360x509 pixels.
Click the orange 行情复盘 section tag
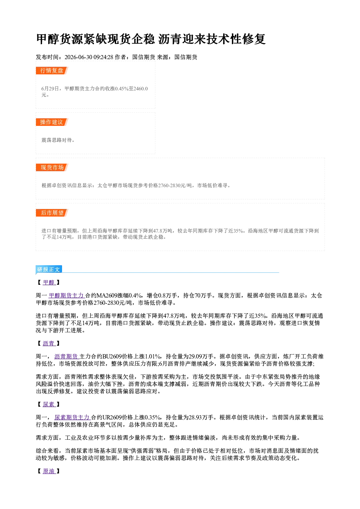point(52,70)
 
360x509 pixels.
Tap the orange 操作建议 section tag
point(52,122)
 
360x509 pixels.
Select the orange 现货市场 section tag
point(52,168)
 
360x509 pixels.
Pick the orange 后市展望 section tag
point(52,213)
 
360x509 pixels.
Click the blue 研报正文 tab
point(49,270)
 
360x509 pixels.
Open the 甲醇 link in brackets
point(49,283)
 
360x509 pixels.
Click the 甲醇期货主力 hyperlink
point(67,295)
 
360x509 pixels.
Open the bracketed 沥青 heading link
point(49,343)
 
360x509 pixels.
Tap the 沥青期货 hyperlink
point(66,356)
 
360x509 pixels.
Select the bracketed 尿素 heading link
point(49,404)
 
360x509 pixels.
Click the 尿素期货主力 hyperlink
point(73,417)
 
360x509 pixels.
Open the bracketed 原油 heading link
point(49,471)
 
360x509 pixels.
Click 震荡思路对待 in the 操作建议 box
point(56,140)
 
